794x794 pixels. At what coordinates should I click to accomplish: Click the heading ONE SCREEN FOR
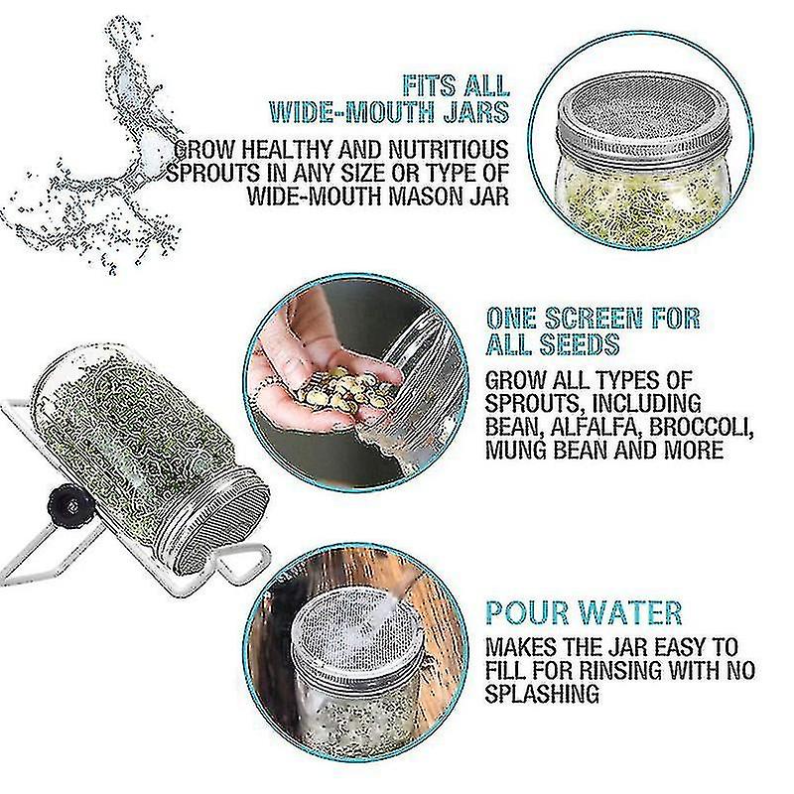click(x=593, y=319)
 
